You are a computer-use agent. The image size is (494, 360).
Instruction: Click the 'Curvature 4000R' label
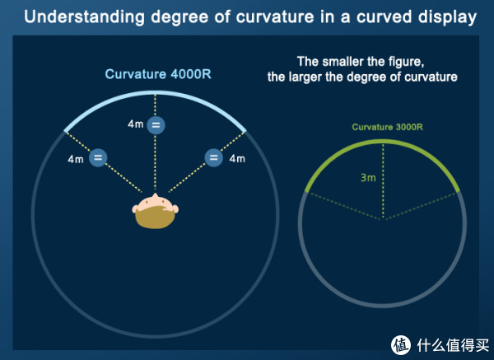coord(158,74)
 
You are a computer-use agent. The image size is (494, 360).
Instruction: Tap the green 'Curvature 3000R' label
coord(387,127)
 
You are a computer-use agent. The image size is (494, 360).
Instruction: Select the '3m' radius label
coord(368,178)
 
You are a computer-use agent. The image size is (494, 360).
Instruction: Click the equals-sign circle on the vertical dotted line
coord(156,125)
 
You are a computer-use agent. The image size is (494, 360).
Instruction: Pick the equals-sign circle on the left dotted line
coord(98,157)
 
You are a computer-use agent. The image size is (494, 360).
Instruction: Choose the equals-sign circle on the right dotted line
coord(213,157)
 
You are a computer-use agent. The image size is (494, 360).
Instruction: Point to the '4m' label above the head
coord(136,124)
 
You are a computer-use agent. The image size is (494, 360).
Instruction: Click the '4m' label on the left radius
coord(76,159)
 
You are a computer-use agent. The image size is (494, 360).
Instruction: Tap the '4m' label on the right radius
coord(237,158)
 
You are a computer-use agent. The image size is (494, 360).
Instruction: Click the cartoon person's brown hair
coord(155,217)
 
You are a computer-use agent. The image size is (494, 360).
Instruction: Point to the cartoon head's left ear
coord(135,208)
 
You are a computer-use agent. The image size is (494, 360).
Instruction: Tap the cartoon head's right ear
coord(175,208)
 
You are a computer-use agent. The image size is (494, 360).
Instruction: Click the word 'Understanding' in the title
coord(85,17)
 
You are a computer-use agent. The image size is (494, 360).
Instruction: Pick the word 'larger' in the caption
coord(305,77)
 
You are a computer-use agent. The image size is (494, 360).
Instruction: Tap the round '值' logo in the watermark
coord(401,345)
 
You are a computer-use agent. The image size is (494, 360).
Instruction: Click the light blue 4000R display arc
coord(155,93)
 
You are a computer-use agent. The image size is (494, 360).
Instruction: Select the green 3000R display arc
coord(383,142)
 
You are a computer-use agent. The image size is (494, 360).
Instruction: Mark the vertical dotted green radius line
coord(383,181)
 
